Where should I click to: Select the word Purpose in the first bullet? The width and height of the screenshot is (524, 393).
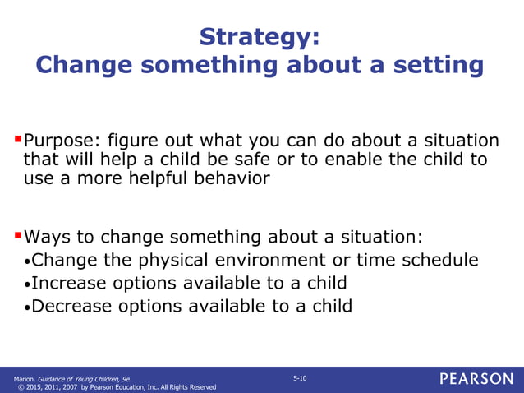58,141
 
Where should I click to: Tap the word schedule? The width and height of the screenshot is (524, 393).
442,261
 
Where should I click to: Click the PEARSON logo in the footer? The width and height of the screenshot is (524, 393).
476,379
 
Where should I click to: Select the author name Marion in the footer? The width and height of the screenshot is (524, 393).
23,378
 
